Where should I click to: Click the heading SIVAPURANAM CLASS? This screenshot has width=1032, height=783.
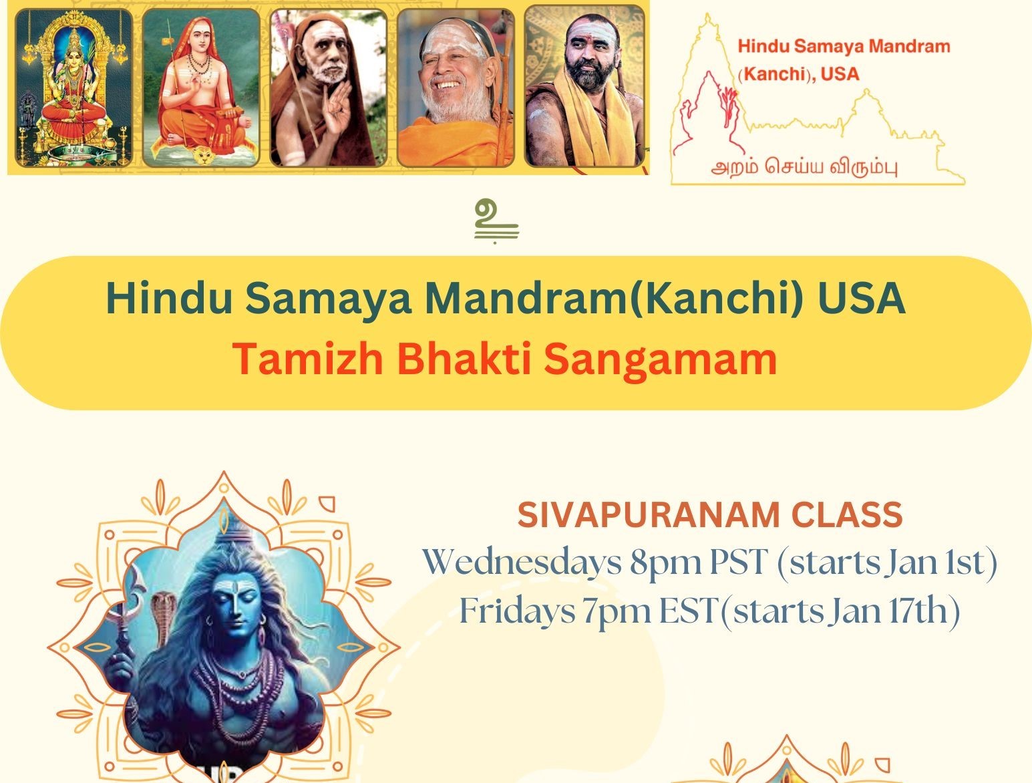point(710,514)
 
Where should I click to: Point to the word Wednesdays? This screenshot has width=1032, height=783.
point(522,562)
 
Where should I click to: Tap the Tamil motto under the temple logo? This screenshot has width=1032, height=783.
point(804,168)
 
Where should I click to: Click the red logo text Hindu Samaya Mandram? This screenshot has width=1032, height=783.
point(844,47)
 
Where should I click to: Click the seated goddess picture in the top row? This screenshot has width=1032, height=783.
point(74,88)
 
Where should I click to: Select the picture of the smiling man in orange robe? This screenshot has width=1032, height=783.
point(456,88)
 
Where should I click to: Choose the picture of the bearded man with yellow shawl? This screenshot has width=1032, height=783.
point(584,87)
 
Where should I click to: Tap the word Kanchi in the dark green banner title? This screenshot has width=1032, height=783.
point(715,298)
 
